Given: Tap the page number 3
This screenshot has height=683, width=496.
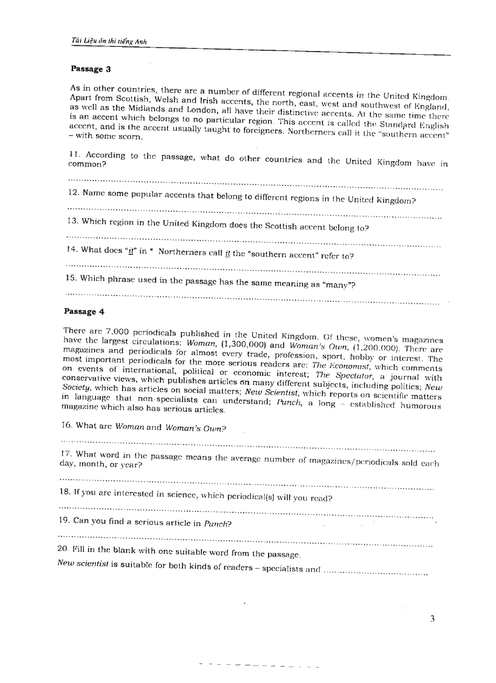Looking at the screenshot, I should (432, 619).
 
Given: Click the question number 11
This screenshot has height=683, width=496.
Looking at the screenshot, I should (74, 154).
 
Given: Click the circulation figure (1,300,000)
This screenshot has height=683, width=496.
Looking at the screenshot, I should (238, 344).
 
